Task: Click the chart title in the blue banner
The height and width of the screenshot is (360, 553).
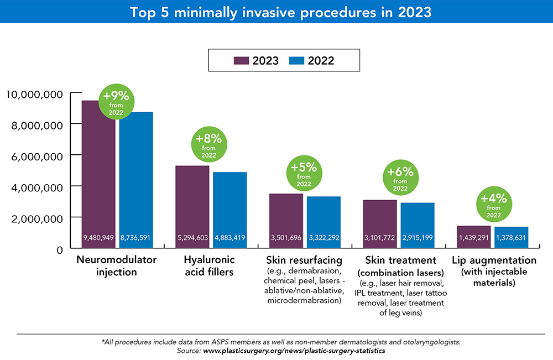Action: pos(276,12)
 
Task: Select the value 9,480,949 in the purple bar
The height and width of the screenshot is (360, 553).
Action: pos(98,238)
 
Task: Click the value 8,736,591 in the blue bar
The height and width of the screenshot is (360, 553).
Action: pos(136,238)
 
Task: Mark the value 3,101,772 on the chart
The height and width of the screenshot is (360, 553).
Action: pos(380,238)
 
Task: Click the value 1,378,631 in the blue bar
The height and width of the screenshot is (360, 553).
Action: pos(511,238)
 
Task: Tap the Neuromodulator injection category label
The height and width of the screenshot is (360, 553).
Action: pos(117,265)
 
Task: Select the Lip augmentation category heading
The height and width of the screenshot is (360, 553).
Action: pos(494,260)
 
